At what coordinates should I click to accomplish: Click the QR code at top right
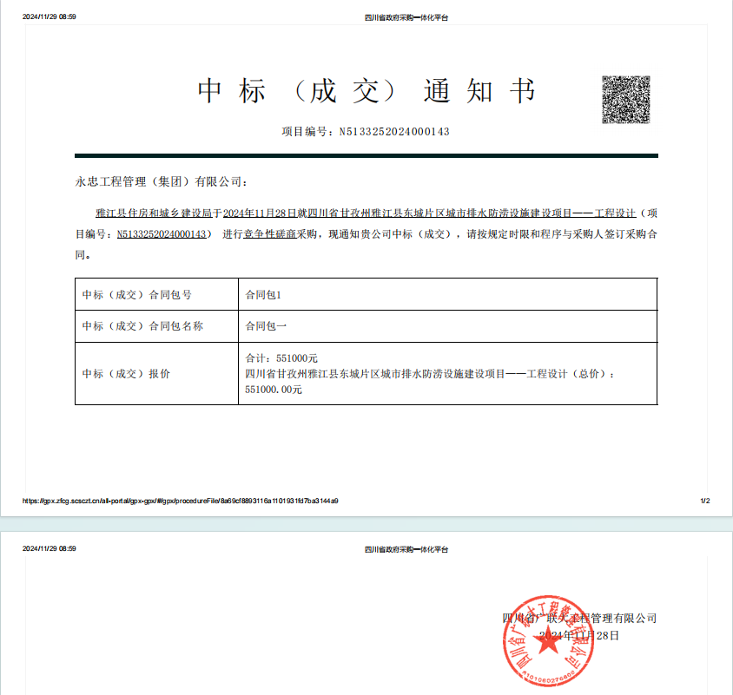point(626,100)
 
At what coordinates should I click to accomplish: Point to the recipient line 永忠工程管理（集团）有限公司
point(162,182)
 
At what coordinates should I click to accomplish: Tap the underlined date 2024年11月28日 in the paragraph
point(260,213)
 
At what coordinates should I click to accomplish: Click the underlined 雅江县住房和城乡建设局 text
point(159,213)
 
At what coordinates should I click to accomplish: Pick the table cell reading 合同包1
point(263,295)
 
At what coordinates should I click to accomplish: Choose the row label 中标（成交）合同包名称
point(142,326)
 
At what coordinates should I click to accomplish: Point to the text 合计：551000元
point(282,357)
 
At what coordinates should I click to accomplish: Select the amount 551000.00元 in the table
point(274,390)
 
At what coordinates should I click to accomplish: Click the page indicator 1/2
point(704,501)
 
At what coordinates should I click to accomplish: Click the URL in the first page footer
point(180,501)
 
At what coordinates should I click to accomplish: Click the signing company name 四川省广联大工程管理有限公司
point(579,619)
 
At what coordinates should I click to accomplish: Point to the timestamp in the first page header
point(49,16)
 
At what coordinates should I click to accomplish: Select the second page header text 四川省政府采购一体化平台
point(406,549)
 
